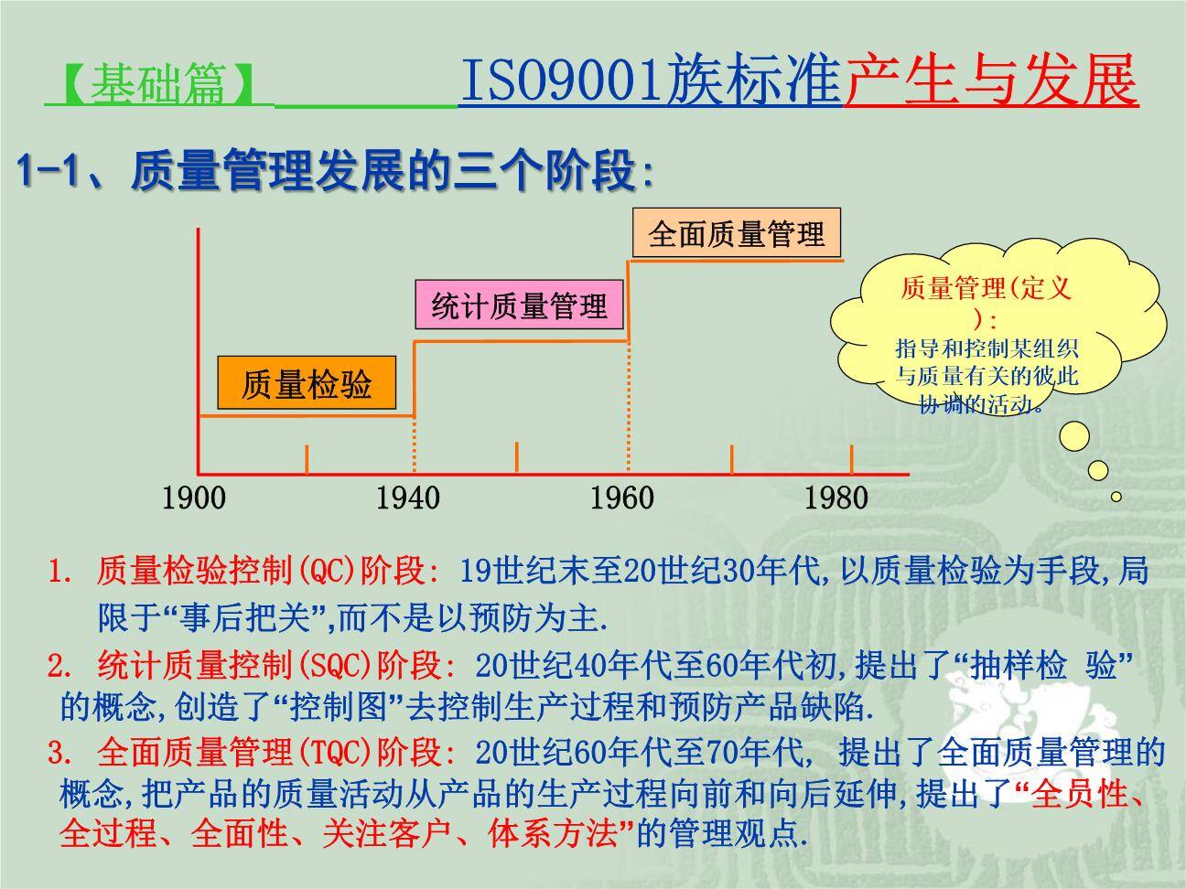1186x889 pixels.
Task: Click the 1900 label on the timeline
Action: tap(193, 498)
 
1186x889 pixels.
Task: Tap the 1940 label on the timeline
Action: tap(407, 498)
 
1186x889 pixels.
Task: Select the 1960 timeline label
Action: tap(621, 498)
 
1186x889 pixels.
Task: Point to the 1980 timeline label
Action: tap(836, 498)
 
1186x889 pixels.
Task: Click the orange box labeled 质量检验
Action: tap(307, 383)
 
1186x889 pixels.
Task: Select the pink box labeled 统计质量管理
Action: tap(519, 305)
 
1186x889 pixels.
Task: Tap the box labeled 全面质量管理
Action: tap(736, 234)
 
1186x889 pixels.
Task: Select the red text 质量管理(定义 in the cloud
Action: tap(985, 289)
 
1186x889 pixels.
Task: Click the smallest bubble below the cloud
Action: tap(1116, 497)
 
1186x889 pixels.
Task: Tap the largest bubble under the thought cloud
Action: tap(1074, 436)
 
